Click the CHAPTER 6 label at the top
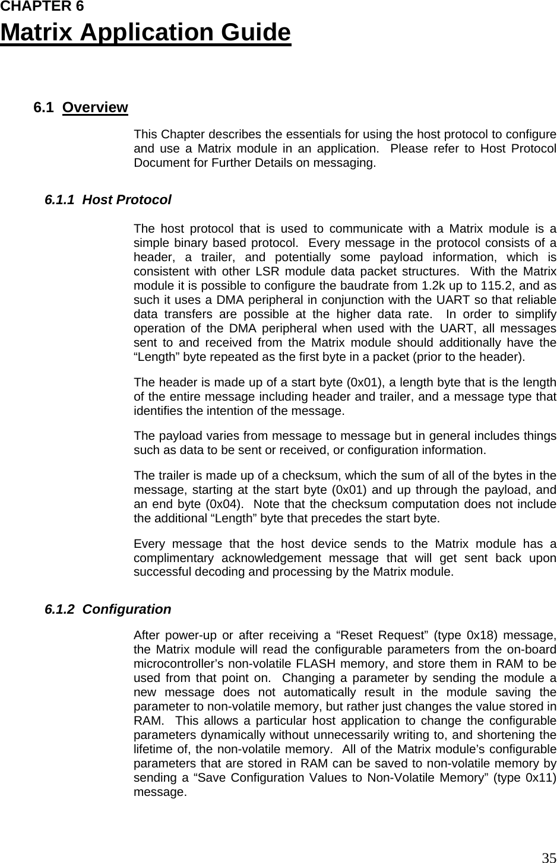(42, 7)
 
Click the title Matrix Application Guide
(145, 33)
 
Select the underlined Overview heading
(95, 107)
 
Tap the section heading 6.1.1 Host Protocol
(108, 200)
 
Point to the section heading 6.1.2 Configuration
(108, 610)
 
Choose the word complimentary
(173, 559)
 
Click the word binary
(182, 243)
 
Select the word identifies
(160, 411)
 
